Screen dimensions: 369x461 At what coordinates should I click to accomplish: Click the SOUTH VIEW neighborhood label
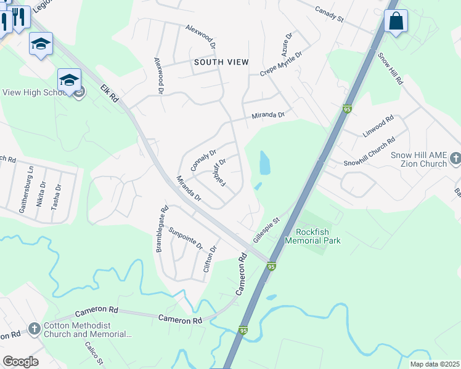[x=221, y=62]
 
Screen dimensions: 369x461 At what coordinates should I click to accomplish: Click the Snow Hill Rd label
[x=390, y=68]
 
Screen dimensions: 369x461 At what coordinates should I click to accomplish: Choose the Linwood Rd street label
[x=378, y=127]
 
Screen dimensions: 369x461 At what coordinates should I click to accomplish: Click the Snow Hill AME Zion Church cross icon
[x=455, y=158]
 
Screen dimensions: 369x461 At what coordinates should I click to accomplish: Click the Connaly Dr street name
[x=203, y=161]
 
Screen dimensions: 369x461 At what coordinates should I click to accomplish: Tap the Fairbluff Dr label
[x=219, y=173]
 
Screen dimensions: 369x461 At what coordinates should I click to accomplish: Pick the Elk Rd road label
[x=112, y=94]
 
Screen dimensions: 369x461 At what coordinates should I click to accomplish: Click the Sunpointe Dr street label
[x=186, y=237]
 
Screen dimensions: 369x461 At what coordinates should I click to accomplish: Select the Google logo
[x=20, y=362]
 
